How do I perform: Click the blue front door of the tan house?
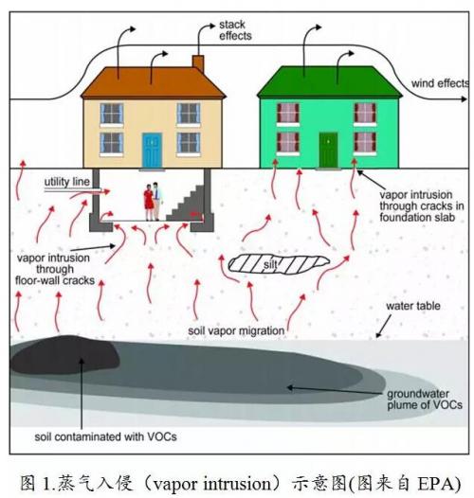(152, 151)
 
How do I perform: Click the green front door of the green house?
(328, 150)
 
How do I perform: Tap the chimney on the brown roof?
(198, 63)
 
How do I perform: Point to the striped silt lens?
(279, 263)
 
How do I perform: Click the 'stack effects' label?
(235, 30)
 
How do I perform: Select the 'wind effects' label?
(440, 83)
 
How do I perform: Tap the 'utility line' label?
(67, 182)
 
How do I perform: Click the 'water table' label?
(413, 306)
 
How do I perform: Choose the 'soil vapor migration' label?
(236, 330)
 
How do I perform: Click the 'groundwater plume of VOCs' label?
(425, 400)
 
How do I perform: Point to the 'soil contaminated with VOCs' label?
(105, 436)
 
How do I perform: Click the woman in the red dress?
(149, 203)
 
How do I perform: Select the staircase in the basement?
(186, 204)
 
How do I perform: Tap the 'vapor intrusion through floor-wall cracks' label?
(55, 269)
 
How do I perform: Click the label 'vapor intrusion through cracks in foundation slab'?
(422, 205)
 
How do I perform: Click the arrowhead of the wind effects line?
(465, 99)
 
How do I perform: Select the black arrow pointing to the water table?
(383, 327)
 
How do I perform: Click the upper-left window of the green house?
(288, 113)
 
